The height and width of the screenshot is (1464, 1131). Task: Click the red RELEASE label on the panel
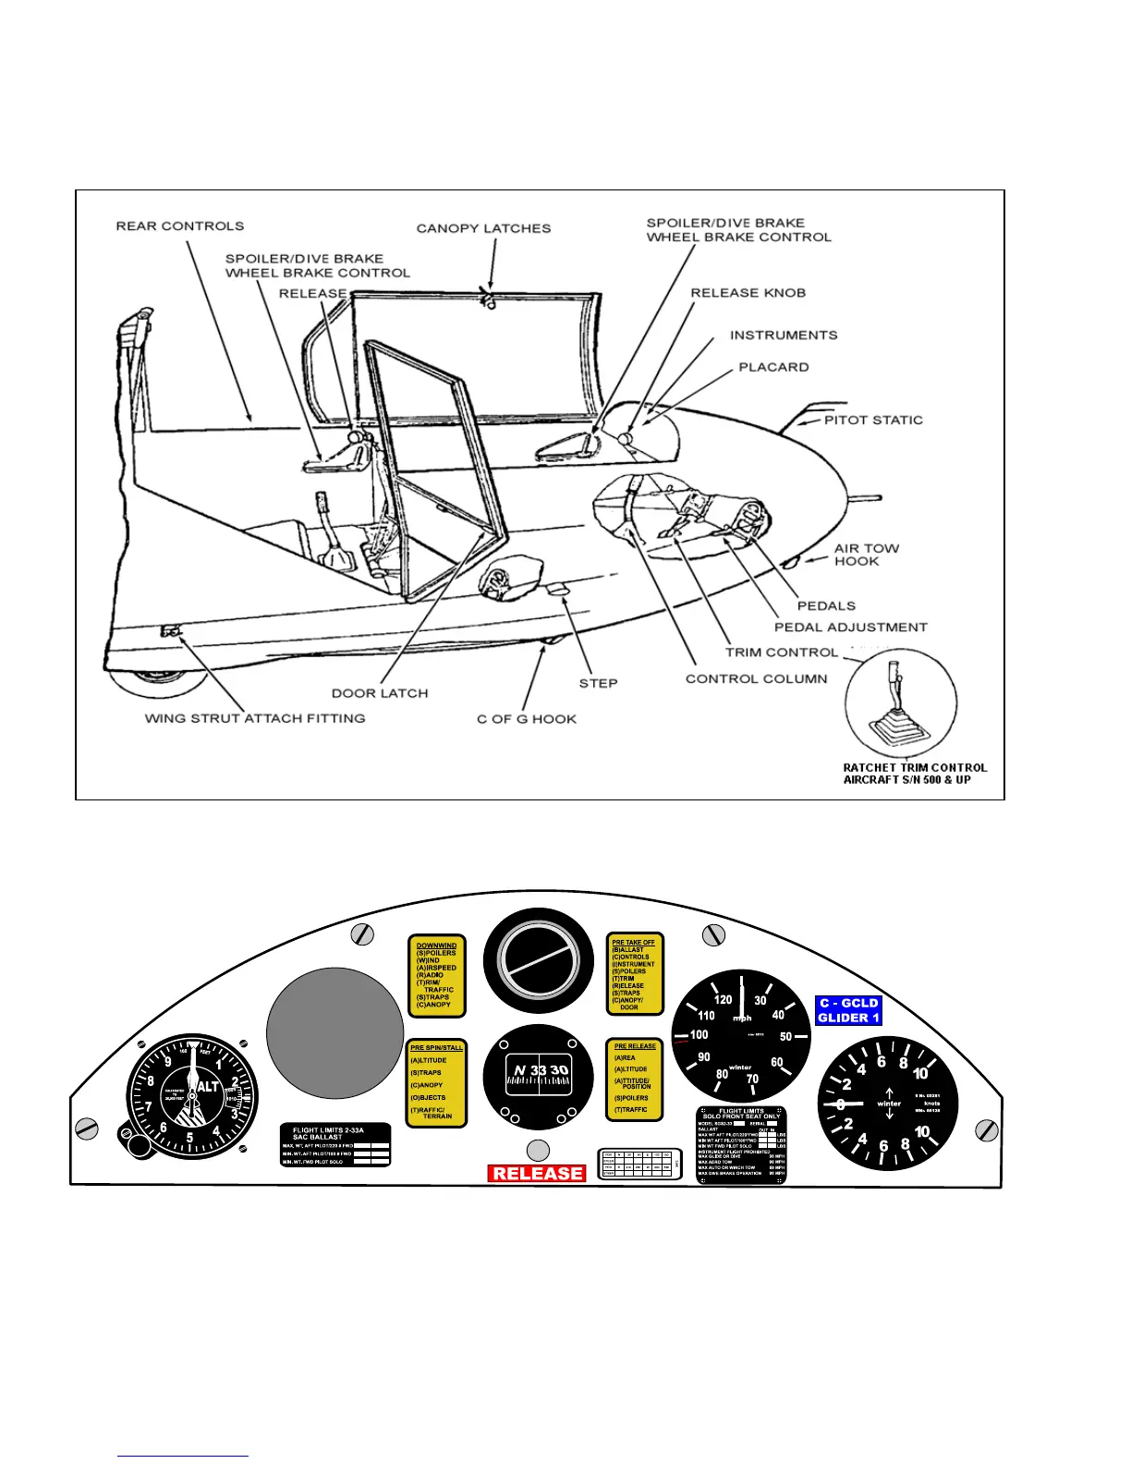[537, 1173]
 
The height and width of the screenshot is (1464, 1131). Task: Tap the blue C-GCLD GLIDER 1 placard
[848, 1010]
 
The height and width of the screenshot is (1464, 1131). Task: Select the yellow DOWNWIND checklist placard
[437, 976]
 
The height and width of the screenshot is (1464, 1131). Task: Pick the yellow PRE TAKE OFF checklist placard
[636, 973]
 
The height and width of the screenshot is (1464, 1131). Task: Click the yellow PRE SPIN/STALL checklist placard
[437, 1083]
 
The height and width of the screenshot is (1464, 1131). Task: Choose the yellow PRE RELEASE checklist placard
[636, 1079]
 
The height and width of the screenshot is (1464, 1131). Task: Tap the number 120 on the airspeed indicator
[723, 999]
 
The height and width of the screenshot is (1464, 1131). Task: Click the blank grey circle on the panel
[334, 1033]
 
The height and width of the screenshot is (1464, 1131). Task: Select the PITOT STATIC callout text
[873, 420]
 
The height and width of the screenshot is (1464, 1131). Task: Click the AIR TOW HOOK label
[866, 555]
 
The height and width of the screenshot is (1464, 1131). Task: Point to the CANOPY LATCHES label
[483, 228]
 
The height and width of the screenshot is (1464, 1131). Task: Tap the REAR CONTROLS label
[180, 226]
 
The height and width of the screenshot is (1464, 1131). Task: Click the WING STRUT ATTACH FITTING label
[255, 718]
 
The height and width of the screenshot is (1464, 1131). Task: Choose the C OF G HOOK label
[527, 719]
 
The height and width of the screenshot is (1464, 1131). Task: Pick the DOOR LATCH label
[380, 693]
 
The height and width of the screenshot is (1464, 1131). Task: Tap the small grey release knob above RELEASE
[537, 1150]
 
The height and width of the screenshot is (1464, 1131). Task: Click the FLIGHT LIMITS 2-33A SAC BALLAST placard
[335, 1145]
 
